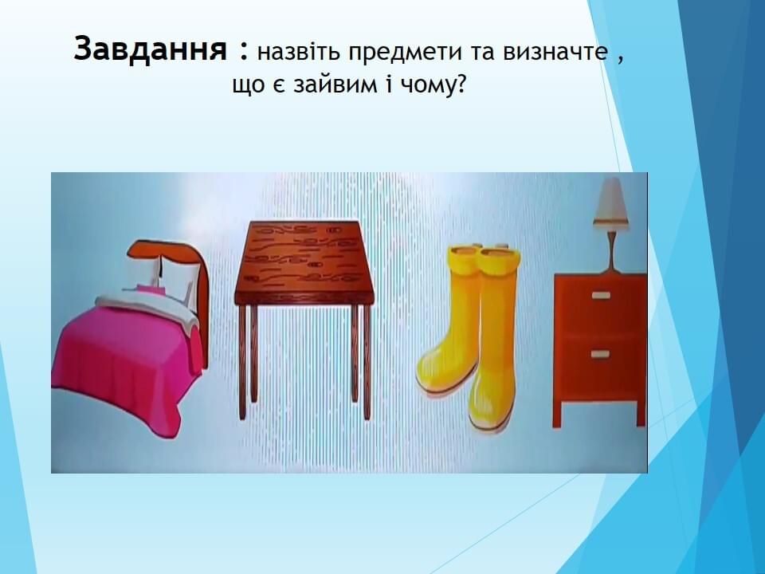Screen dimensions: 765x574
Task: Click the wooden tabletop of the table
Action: click(304, 262)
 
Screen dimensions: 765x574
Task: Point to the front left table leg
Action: click(242, 362)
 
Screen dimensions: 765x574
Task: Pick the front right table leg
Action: click(367, 362)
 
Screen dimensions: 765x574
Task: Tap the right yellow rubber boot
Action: click(494, 342)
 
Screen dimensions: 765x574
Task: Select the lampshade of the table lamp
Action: click(610, 202)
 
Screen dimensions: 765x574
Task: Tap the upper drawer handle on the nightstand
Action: click(601, 295)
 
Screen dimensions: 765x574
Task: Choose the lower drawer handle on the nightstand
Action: click(601, 354)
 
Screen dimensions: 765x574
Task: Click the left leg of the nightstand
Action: click(557, 414)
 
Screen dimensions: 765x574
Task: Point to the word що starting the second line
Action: click(249, 87)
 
